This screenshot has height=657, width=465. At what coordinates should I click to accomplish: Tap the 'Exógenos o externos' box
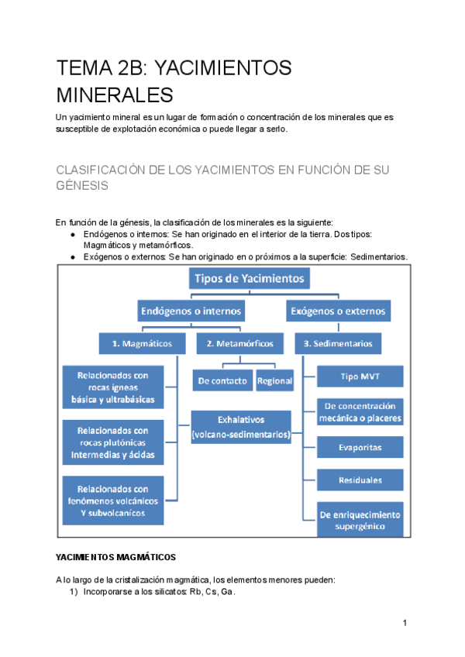tap(338, 311)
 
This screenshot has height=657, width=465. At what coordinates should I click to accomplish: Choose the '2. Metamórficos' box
tap(234, 342)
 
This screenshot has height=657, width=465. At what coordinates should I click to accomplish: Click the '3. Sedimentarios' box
tap(338, 342)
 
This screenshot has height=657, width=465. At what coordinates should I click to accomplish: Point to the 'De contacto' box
tap(222, 380)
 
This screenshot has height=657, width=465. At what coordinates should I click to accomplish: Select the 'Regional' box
tap(274, 380)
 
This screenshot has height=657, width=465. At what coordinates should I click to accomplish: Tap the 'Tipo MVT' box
tap(360, 377)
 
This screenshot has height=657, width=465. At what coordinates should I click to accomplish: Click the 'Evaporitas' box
tap(360, 447)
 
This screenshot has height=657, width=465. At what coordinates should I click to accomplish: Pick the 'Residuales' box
tap(360, 480)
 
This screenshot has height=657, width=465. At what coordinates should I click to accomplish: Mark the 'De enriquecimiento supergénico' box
tap(360, 520)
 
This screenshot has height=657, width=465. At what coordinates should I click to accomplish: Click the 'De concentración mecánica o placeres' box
tap(360, 411)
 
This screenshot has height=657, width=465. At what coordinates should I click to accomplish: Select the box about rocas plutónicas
tap(113, 442)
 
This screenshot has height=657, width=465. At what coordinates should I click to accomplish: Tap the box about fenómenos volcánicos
tap(113, 500)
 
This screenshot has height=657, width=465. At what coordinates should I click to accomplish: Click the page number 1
tap(405, 624)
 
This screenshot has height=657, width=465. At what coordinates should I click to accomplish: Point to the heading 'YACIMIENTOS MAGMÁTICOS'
tap(115, 557)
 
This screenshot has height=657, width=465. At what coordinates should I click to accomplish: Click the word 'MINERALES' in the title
tap(114, 95)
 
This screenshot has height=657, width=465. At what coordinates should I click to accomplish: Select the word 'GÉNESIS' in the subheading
tap(81, 186)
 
